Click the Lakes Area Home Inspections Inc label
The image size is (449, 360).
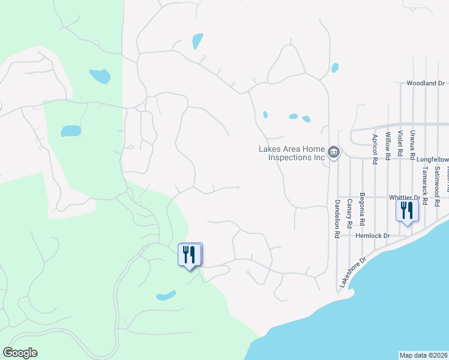click(291, 153)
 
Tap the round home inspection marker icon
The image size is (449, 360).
click(334, 154)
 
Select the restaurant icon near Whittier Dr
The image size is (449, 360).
click(407, 211)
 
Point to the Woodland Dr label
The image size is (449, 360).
click(425, 83)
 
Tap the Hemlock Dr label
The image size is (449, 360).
click(373, 236)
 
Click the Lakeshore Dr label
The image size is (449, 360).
click(352, 272)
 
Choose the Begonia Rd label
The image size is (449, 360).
click(362, 206)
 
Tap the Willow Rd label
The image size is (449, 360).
click(388, 145)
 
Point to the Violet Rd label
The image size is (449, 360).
click(400, 146)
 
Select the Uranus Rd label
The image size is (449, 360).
click(412, 145)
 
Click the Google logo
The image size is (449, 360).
click(20, 353)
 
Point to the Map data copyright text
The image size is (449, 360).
click(423, 355)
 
